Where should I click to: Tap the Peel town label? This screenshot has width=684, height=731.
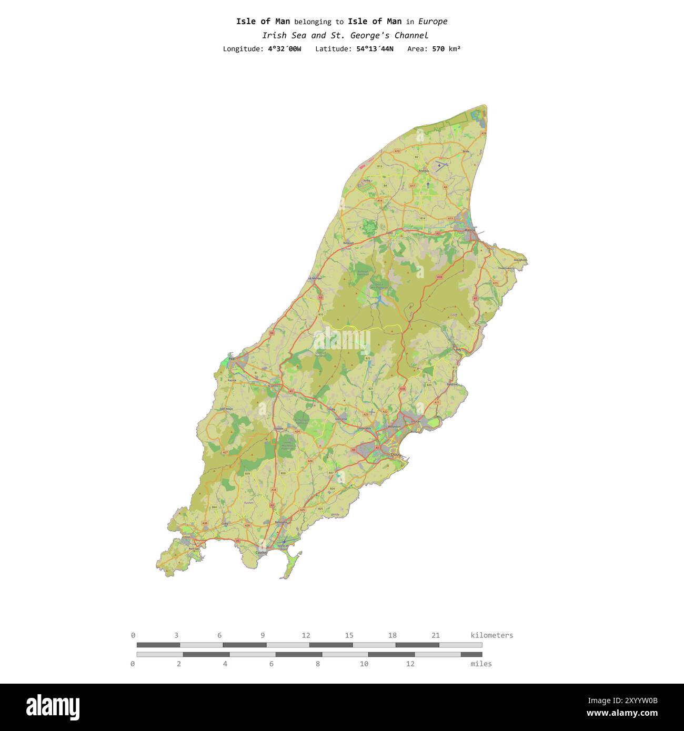232,359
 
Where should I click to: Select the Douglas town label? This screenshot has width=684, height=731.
396,455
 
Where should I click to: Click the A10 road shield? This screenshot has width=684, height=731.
397,151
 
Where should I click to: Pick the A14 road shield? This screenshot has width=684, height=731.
379,200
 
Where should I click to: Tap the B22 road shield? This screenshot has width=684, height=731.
368,358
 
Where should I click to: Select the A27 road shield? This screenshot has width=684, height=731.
225,452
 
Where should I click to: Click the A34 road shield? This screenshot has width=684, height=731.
274,490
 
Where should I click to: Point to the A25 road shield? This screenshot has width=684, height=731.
303,510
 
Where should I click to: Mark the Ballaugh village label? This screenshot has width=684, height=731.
349,243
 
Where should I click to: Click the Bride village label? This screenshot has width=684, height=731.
466,151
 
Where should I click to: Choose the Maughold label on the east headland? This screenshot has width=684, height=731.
520,260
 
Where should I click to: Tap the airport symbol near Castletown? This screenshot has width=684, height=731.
284,542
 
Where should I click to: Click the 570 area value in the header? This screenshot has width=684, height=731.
438,49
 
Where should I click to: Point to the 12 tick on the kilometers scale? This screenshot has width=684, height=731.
306,635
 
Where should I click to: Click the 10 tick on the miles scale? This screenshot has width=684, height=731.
364,664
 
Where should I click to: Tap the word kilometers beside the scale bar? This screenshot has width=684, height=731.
491,635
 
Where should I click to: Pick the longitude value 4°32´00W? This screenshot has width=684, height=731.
285,49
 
